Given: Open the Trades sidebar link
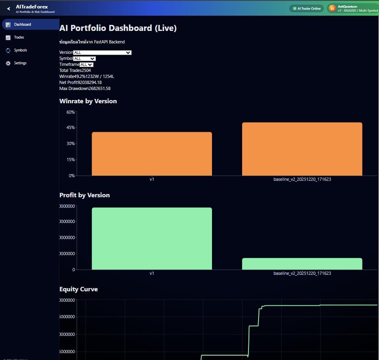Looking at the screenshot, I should click(19, 37).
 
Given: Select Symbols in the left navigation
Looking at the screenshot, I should click(20, 50).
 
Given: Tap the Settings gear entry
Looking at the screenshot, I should click(20, 63).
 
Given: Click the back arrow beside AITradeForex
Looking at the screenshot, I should click(8, 8).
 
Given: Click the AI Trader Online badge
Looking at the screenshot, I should click(306, 8).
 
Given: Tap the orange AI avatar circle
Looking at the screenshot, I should click(332, 8).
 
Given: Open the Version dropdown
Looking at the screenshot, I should click(102, 53).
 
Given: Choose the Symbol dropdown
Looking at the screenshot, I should click(84, 59).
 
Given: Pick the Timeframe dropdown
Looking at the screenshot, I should click(86, 65).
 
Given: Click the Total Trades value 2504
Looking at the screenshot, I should click(86, 70).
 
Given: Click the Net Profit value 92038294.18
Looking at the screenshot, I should click(90, 82).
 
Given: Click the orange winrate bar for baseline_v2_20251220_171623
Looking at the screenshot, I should click(302, 149).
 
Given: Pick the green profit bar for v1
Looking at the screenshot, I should click(152, 239).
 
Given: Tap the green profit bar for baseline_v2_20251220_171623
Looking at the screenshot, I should click(302, 264).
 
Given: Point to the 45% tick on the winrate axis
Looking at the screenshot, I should click(71, 128).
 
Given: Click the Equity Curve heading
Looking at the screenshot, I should click(79, 289).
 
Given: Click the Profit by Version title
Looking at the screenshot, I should click(85, 195).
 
